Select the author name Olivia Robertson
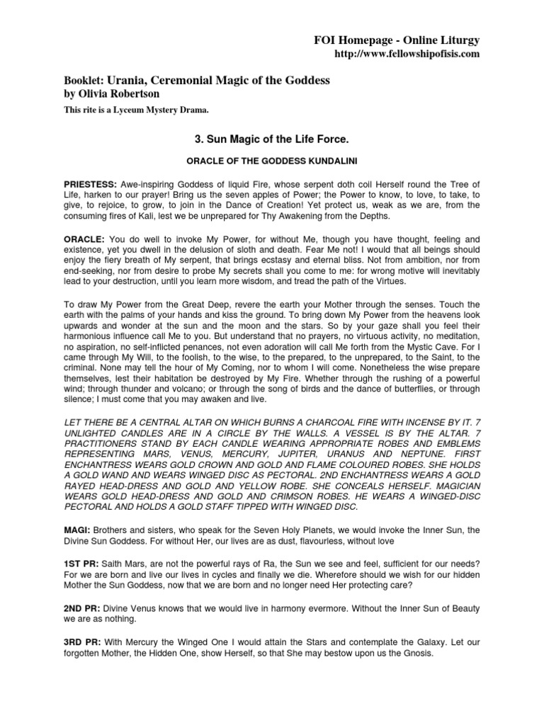click(112, 93)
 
